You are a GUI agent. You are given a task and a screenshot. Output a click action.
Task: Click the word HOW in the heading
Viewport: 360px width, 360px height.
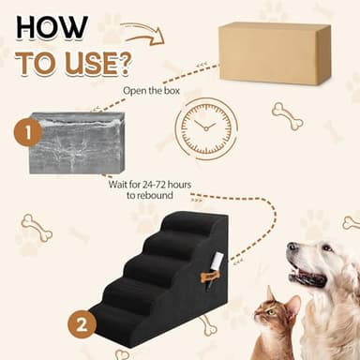click(x=52, y=27)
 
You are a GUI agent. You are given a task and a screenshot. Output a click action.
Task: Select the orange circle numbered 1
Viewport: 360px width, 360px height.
click(x=27, y=133)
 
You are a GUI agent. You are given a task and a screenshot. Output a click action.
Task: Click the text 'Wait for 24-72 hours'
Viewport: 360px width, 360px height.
click(x=151, y=185)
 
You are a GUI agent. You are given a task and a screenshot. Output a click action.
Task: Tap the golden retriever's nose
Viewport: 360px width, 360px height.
click(x=293, y=248)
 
